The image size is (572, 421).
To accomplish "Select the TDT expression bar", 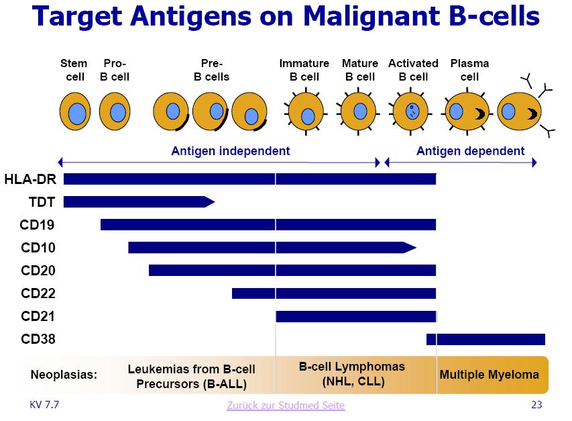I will [137, 201].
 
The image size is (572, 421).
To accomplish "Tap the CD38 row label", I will [38, 339].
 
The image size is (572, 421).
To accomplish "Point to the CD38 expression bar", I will [485, 339].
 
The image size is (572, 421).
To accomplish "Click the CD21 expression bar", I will [355, 316].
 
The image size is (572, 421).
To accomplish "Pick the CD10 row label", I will [38, 248].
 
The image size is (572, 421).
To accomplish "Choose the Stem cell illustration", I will [76, 111].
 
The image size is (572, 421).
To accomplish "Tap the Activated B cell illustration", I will [413, 111].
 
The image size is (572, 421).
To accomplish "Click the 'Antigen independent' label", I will [231, 151].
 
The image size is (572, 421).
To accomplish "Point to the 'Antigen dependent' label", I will [470, 151].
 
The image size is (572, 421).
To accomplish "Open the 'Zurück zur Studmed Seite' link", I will [286, 405].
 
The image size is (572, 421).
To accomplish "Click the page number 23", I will [536, 405].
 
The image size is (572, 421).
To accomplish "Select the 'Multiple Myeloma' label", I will [489, 375].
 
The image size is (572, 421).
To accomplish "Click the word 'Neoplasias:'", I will [64, 375].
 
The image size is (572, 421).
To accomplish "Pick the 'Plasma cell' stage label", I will [469, 70].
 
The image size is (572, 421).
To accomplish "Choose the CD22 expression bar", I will [334, 293].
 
